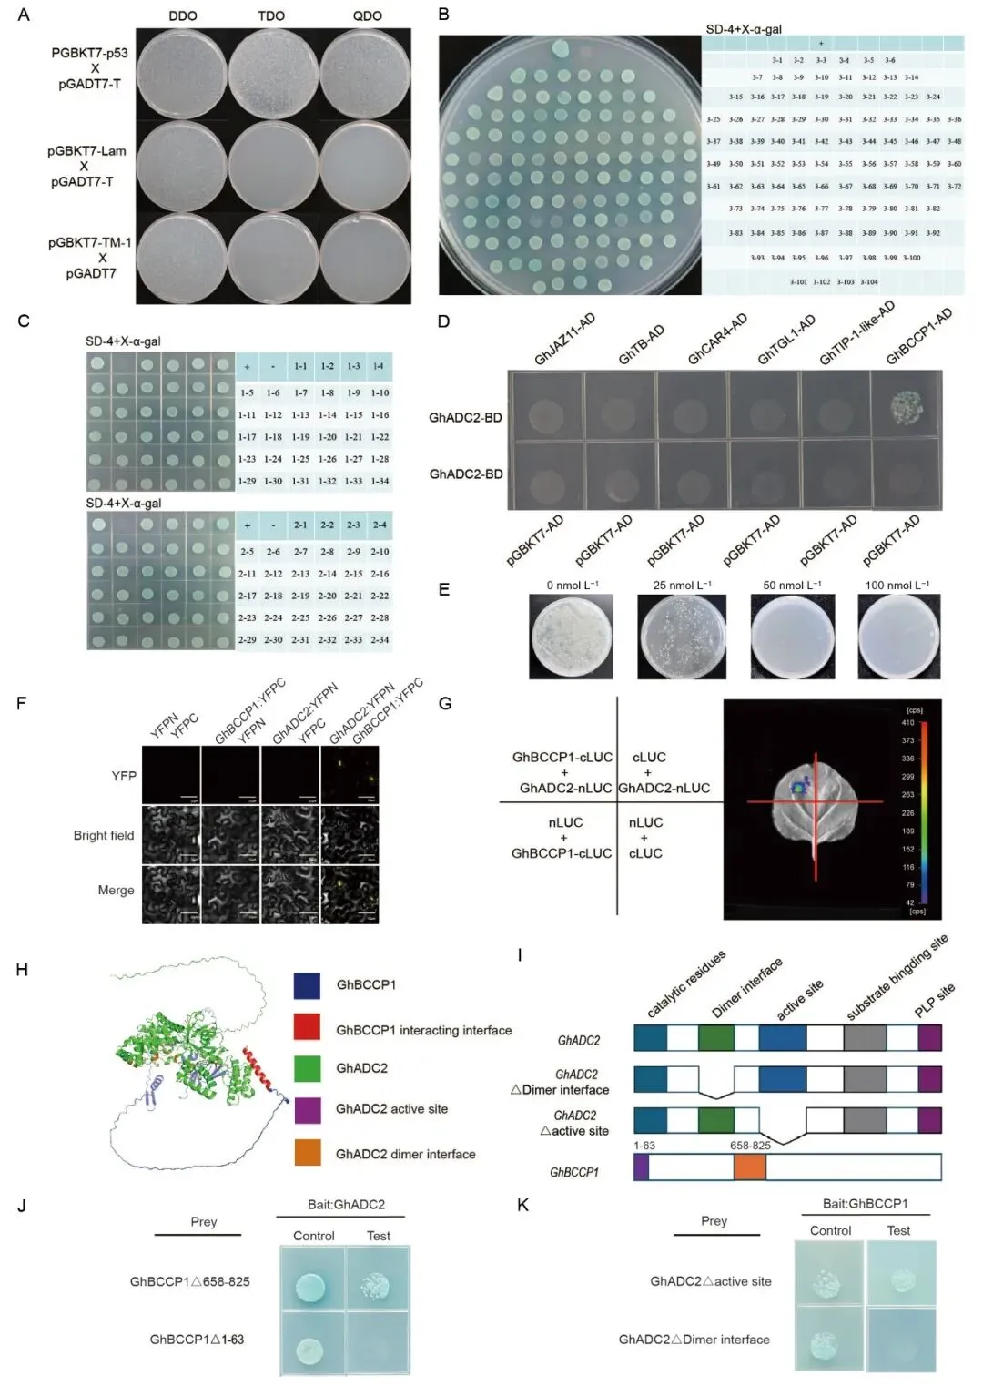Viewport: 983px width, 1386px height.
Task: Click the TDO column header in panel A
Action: coord(271,15)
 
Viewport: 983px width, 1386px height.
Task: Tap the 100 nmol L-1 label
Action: coord(897,585)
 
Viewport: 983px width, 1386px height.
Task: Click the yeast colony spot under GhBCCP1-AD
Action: coord(907,406)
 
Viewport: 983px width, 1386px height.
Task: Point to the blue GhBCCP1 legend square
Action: coord(307,985)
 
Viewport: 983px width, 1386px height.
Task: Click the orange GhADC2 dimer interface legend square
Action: coord(307,1152)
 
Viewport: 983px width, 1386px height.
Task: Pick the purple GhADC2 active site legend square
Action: coord(307,1110)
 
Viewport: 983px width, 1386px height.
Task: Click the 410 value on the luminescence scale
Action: coord(907,722)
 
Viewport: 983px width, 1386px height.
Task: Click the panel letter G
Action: coord(445,703)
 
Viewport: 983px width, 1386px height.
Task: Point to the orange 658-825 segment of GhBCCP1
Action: coord(749,1167)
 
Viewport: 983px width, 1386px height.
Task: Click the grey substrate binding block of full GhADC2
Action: coord(864,1038)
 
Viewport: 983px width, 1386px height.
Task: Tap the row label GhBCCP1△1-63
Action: coord(197,1340)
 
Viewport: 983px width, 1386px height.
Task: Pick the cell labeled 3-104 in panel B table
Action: coord(868,282)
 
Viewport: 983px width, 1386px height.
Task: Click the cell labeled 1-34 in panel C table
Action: coord(380,481)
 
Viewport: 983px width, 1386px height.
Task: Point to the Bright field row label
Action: coord(104,835)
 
